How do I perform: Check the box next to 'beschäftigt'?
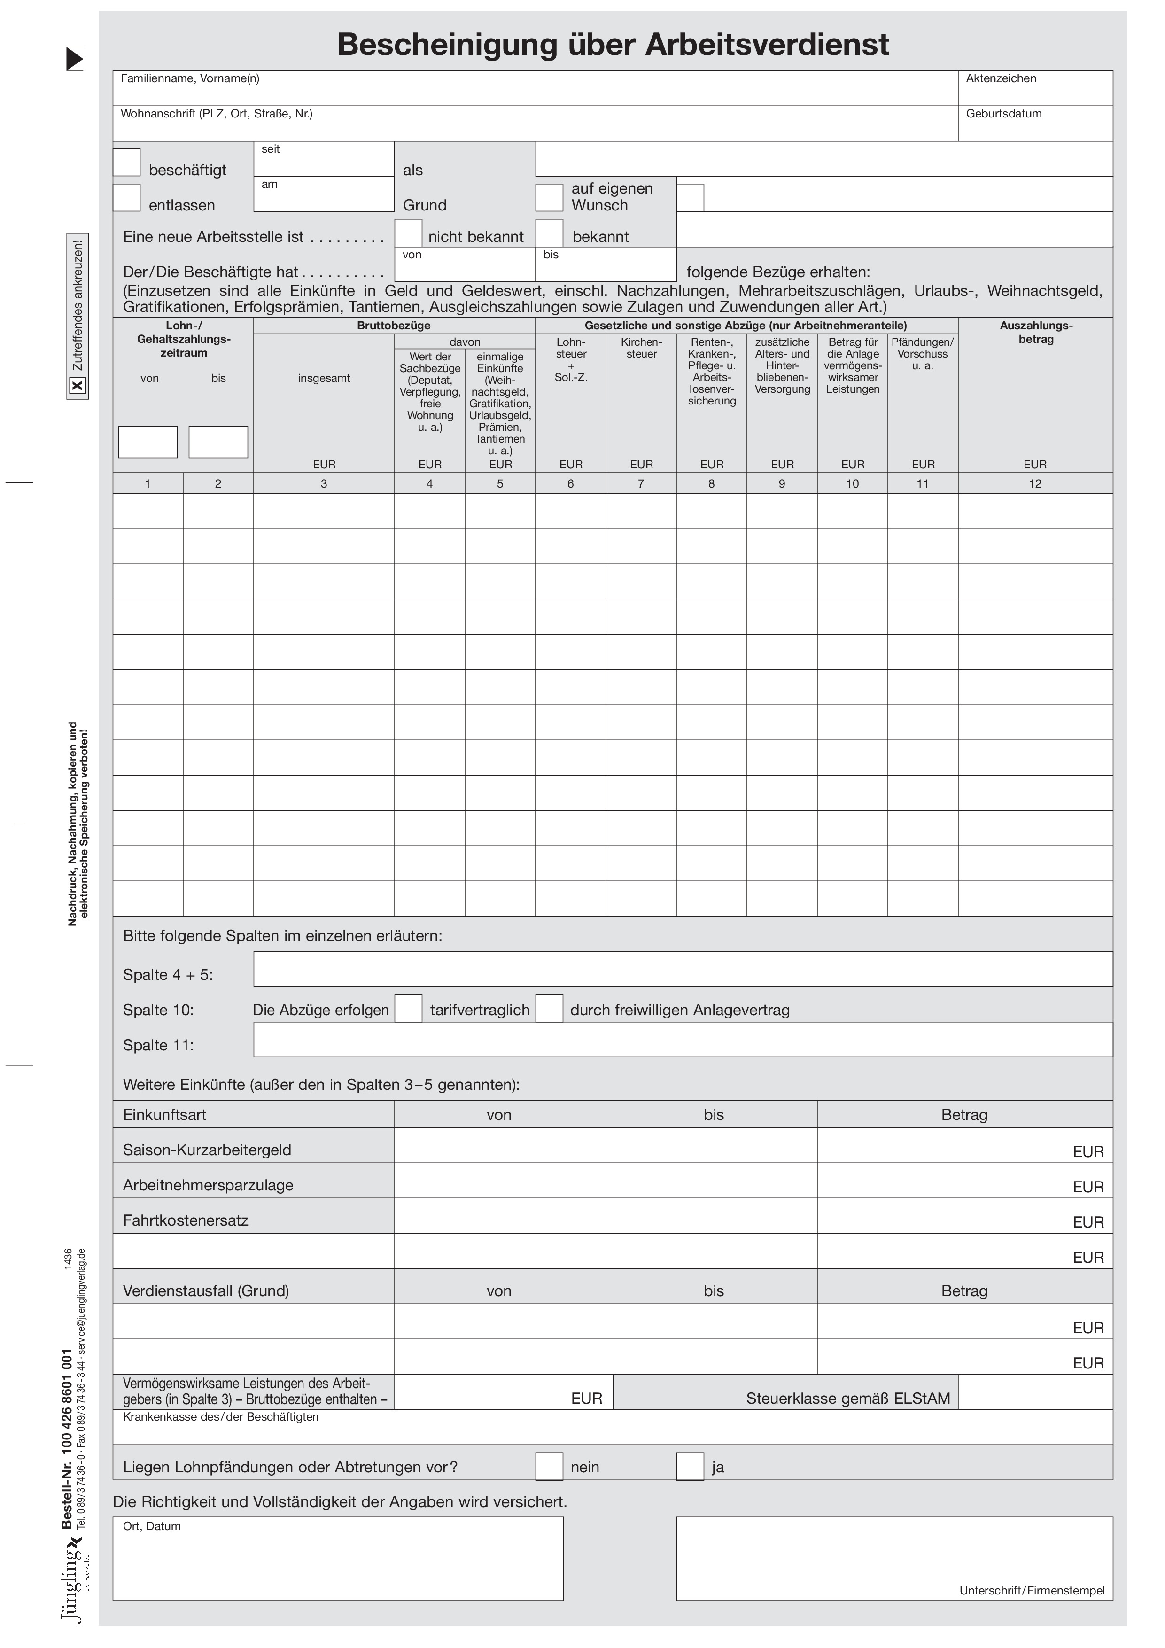tap(126, 163)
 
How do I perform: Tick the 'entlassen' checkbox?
tap(126, 198)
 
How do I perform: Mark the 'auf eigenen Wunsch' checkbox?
tap(549, 198)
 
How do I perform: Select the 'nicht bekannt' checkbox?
tap(408, 233)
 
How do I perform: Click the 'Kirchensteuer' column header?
tap(641, 348)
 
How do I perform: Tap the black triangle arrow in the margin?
tap(75, 59)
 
